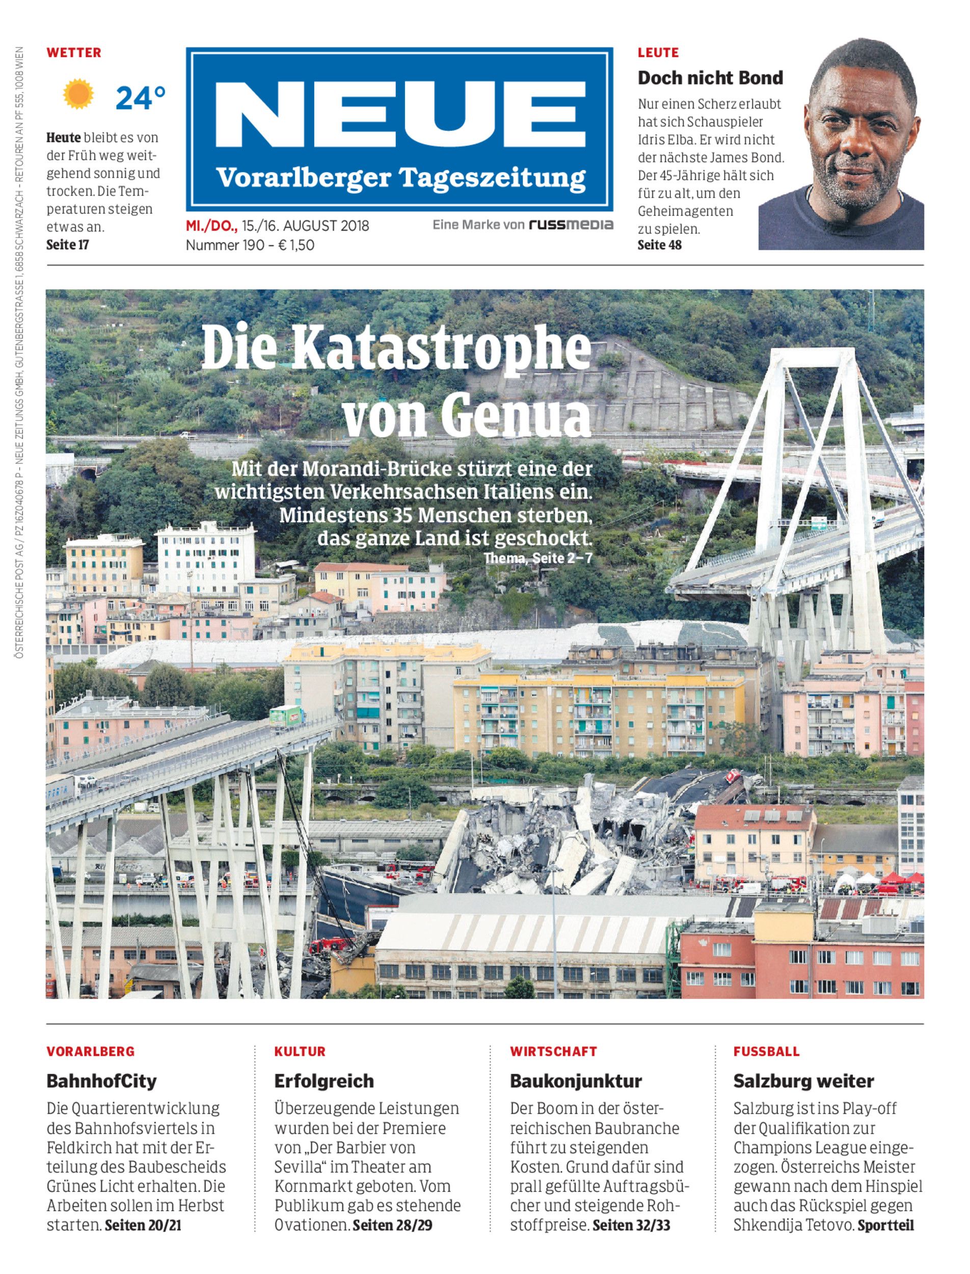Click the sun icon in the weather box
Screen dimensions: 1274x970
point(78,95)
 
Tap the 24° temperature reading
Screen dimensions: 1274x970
point(140,98)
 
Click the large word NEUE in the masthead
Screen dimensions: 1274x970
point(399,116)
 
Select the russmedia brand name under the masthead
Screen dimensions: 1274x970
point(571,225)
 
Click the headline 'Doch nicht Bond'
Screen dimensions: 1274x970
point(710,78)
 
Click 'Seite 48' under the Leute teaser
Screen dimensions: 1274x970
point(659,245)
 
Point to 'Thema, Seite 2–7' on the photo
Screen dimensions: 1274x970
point(537,559)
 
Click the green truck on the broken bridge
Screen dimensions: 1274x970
point(287,718)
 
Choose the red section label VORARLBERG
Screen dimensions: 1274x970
point(91,1051)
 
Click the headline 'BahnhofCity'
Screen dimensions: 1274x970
point(101,1080)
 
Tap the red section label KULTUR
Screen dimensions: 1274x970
point(300,1051)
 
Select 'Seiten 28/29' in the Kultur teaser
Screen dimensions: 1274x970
point(392,1225)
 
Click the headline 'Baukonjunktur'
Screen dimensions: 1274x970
point(576,1080)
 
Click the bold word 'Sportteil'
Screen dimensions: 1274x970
point(886,1225)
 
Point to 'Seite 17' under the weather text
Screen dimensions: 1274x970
point(68,245)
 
